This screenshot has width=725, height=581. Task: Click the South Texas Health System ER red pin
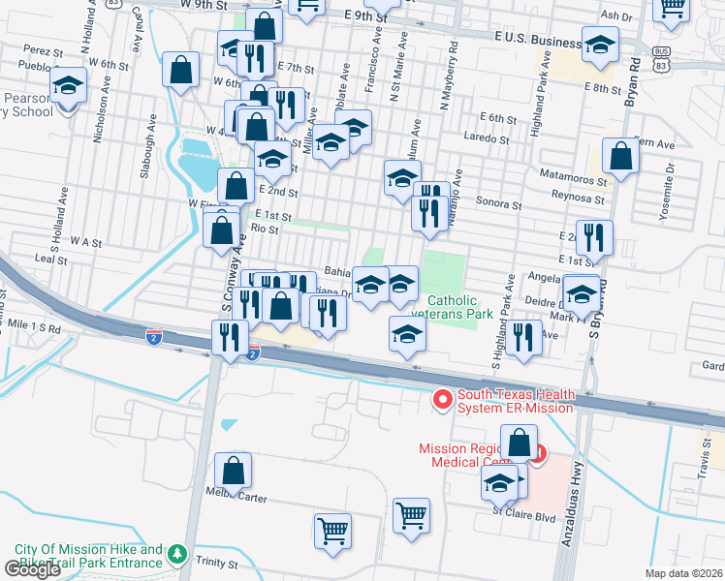(x=443, y=399)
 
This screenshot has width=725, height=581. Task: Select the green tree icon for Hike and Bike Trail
(x=176, y=554)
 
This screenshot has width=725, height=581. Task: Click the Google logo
(x=33, y=569)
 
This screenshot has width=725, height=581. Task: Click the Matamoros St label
(x=574, y=180)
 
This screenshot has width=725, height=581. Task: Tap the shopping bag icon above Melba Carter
(x=234, y=471)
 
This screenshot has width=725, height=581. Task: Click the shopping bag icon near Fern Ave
(x=619, y=155)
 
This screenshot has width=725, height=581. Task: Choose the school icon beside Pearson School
(x=69, y=86)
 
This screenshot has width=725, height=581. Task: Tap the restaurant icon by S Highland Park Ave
(x=522, y=337)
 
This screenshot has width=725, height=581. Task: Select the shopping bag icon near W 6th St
(x=180, y=69)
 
